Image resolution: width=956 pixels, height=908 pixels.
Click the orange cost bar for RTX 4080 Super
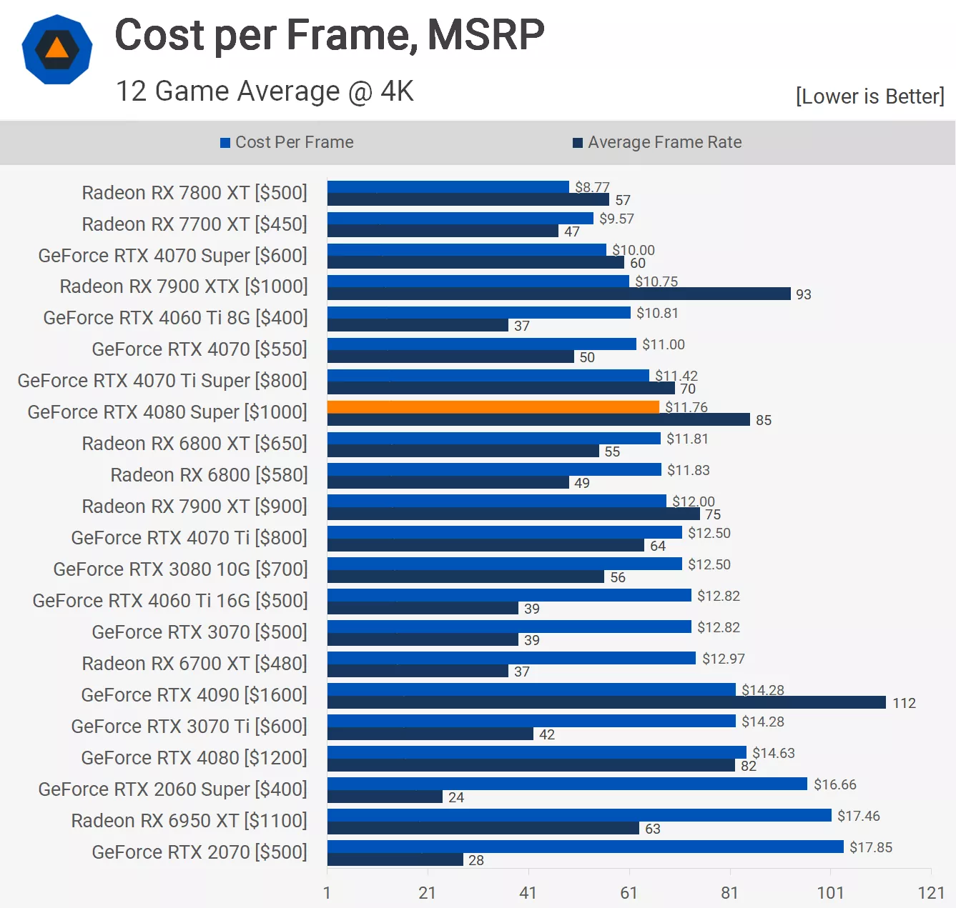493,406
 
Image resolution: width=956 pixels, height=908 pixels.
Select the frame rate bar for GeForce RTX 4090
606,703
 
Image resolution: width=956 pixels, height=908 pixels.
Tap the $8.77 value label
592,187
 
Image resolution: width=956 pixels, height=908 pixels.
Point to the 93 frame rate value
804,294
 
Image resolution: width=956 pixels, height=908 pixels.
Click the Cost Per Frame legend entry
287,142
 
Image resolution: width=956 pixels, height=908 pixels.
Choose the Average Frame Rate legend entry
657,142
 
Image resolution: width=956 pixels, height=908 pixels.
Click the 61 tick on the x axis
629,892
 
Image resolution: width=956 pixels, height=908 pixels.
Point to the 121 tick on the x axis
931,892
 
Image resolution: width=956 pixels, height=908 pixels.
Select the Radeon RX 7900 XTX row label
184,286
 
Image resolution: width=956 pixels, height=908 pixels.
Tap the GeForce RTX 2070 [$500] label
199,852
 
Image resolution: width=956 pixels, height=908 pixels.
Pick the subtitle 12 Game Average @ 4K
265,91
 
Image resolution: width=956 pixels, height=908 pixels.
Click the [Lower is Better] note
869,96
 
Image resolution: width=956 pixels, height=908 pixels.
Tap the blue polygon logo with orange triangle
57,49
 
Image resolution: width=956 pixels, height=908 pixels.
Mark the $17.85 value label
871,847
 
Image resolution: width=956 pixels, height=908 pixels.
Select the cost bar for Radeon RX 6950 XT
579,815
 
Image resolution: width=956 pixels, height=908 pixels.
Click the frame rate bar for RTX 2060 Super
385,797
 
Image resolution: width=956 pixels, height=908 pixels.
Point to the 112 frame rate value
904,703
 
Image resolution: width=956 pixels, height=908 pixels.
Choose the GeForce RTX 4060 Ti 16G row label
170,601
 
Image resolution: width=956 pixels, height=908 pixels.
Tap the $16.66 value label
834,784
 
